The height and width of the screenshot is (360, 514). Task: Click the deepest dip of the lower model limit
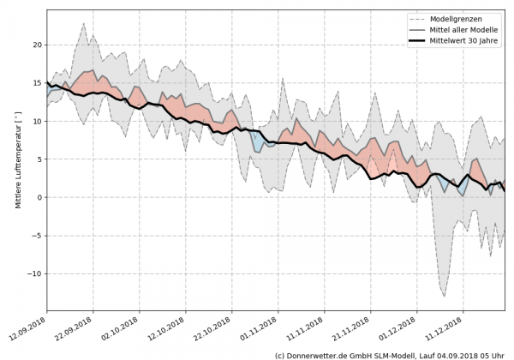pyautogui.click(x=444, y=297)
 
